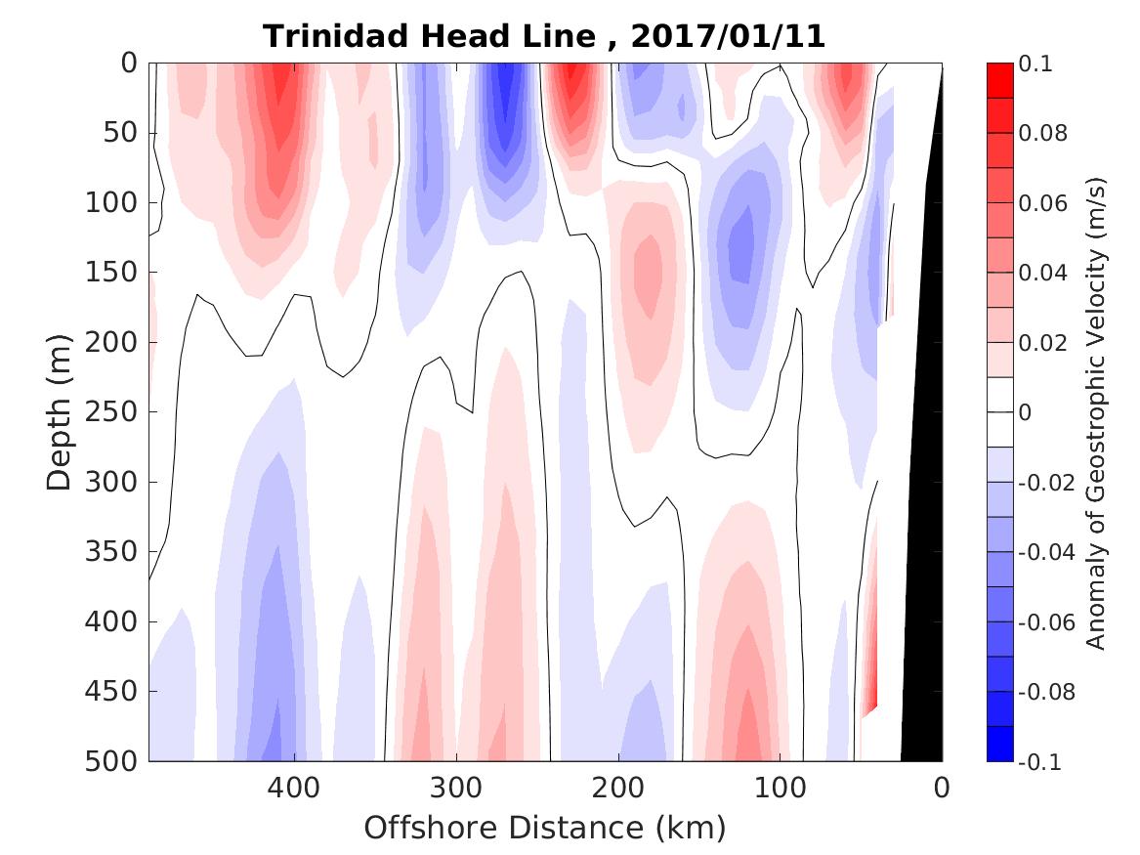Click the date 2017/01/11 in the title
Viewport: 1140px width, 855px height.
tap(729, 36)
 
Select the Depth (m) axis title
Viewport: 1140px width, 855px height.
tap(60, 411)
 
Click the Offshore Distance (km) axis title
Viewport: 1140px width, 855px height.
tap(545, 828)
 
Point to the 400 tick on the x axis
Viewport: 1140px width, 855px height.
tap(293, 787)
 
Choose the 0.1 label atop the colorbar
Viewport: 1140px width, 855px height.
tap(1036, 64)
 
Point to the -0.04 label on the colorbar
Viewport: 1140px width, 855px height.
tap(1045, 552)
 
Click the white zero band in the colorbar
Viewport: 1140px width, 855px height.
tap(999, 412)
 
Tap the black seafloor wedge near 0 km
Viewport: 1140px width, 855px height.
tap(923, 586)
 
